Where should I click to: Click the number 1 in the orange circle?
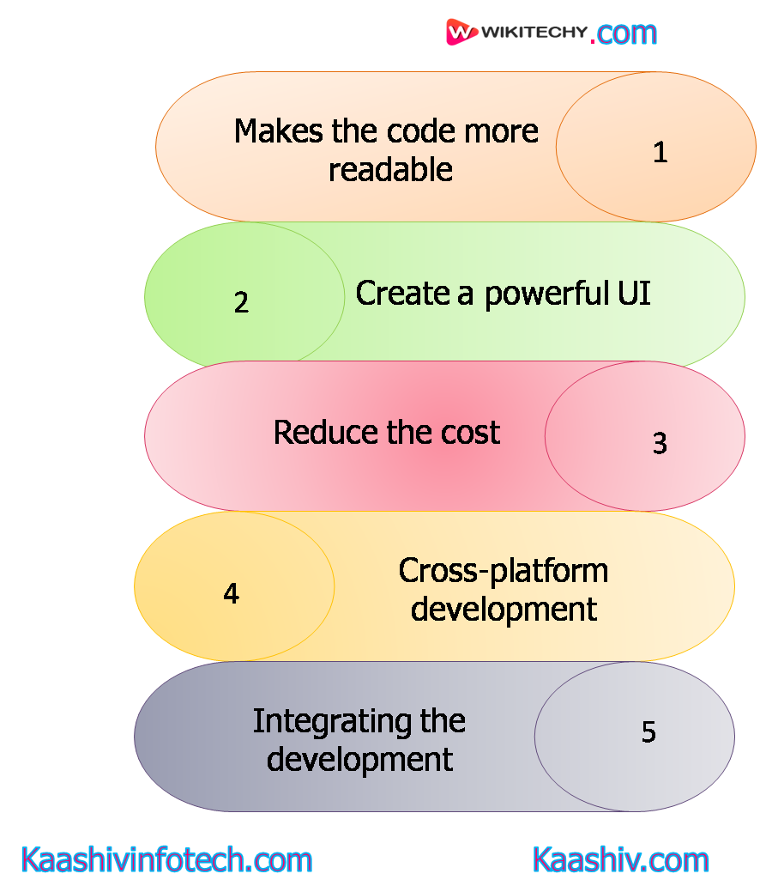(660, 152)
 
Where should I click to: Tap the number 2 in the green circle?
(241, 302)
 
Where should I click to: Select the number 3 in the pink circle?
(660, 443)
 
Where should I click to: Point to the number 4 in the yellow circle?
(231, 594)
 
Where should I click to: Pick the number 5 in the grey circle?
(648, 731)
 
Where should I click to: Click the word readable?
(390, 169)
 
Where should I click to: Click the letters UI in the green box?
(634, 294)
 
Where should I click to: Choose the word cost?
(470, 432)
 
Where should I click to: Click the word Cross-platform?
(504, 571)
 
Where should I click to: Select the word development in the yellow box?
(504, 609)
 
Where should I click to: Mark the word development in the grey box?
(359, 759)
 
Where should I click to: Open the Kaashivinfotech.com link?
(166, 859)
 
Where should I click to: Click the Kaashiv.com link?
(621, 859)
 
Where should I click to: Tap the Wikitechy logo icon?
(461, 33)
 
